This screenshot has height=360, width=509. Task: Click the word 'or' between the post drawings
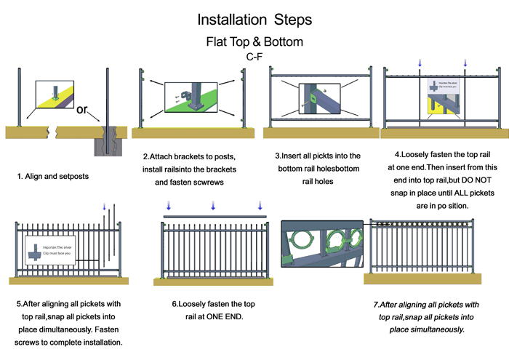(82, 111)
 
